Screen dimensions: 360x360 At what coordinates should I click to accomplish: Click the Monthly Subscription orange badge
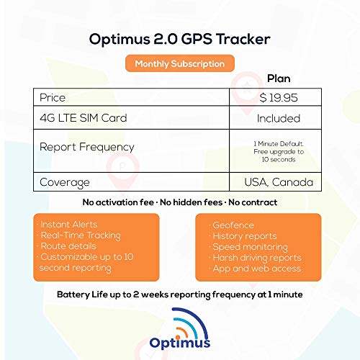pyautogui.click(x=180, y=63)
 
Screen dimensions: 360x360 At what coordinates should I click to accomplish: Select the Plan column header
pyautogui.click(x=279, y=79)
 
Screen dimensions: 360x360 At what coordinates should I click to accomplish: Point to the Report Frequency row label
pyautogui.click(x=86, y=147)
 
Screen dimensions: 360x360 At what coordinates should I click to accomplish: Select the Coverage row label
pyautogui.click(x=65, y=183)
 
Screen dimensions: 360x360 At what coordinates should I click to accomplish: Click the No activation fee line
pyautogui.click(x=180, y=202)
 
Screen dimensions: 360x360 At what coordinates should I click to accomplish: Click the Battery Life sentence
pyautogui.click(x=180, y=295)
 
